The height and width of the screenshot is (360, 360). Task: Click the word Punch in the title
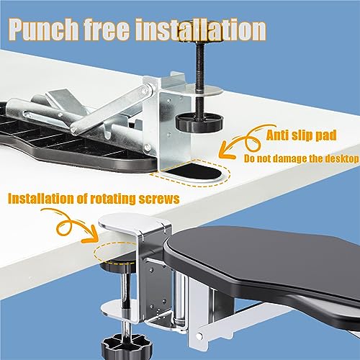pos(45,30)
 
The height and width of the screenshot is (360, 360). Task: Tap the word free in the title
pos(107,30)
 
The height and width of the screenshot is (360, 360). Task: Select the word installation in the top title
pos(201,30)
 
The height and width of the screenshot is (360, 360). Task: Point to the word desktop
pos(342,159)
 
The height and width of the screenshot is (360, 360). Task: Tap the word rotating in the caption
pos(109,199)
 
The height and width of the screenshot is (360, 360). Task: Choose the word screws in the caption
pos(159,199)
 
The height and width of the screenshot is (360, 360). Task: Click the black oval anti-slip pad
pos(194,172)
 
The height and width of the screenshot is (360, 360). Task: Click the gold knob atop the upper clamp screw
pos(201,35)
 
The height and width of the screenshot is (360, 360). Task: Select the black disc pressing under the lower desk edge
pos(117,265)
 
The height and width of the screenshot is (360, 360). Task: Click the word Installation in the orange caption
pos(41,199)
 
